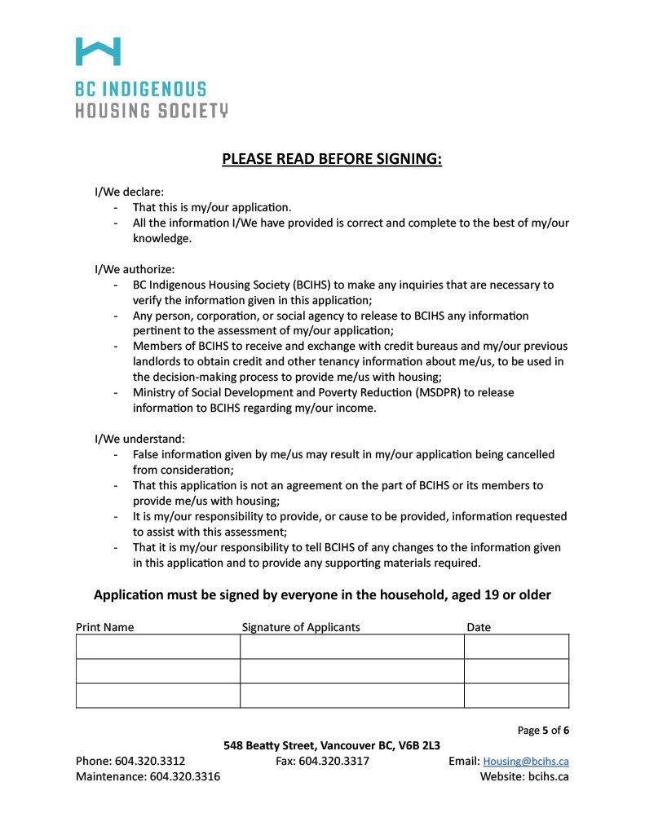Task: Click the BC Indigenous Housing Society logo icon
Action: (98, 51)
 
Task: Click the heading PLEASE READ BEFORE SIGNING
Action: (332, 158)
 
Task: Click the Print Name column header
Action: (105, 627)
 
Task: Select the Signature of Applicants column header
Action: (301, 627)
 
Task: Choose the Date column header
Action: (479, 627)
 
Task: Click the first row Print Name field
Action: (157, 647)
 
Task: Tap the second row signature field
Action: (351, 671)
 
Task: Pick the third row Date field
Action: (516, 696)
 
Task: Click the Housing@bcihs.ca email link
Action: (526, 761)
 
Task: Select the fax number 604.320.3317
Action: (334, 761)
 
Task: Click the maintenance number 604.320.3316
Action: (185, 776)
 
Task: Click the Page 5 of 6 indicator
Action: (543, 730)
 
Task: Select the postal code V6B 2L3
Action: (419, 745)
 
